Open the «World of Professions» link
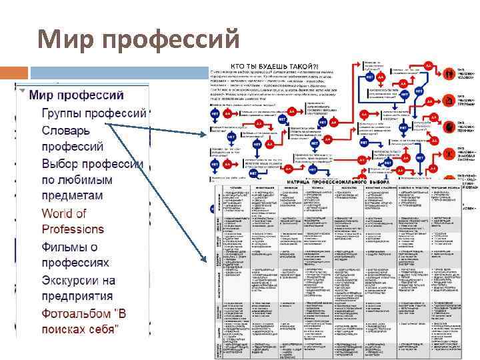tap(73, 221)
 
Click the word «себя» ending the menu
tap(101, 330)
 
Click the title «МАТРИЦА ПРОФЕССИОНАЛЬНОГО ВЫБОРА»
tap(337, 181)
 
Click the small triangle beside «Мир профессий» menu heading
tap(23, 92)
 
